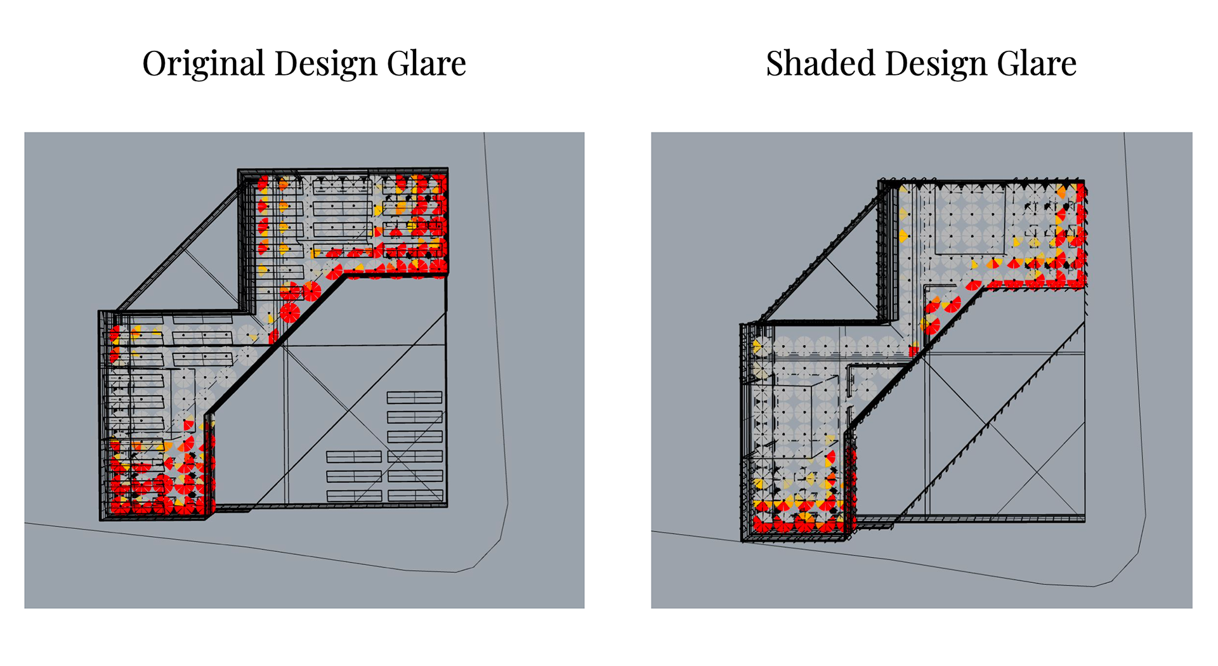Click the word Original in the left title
click(x=204, y=63)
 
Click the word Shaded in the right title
click(x=820, y=63)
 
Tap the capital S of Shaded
click(x=775, y=63)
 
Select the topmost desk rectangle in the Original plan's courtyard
click(x=414, y=398)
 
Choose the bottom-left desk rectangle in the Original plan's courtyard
click(x=354, y=495)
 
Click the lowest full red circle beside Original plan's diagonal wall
click(x=289, y=313)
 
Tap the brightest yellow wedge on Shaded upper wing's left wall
click(x=903, y=237)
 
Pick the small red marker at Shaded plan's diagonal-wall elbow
click(x=913, y=350)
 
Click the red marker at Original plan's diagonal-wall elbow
click(x=273, y=336)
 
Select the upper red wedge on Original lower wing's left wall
click(x=114, y=334)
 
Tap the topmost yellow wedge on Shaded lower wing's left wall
click(x=756, y=346)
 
